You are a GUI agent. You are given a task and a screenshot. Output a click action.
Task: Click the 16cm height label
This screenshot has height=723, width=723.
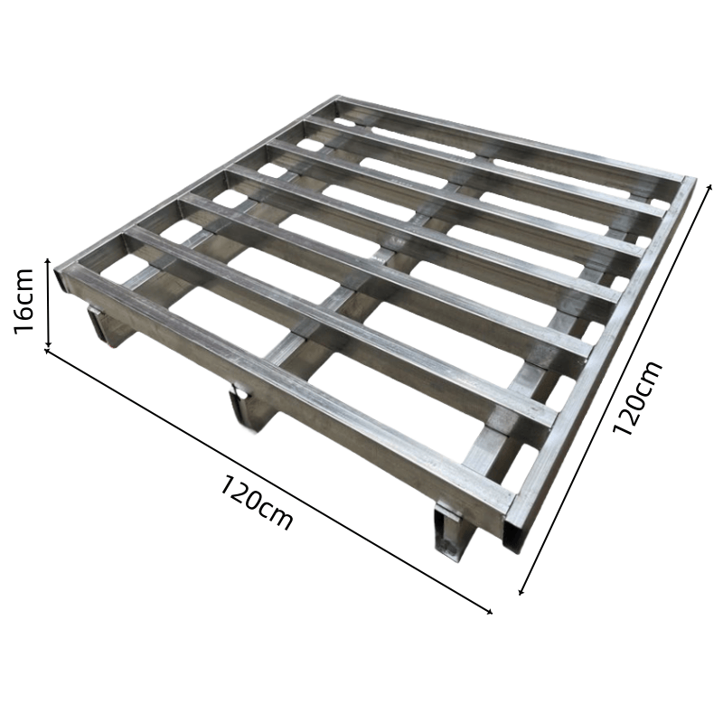click(24, 301)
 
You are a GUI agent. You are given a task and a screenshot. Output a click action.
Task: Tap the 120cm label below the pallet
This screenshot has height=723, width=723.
click(255, 503)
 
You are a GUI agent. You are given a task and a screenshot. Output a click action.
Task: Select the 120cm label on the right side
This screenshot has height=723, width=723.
click(637, 398)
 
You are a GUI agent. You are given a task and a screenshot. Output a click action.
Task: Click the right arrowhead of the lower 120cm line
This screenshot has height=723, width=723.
click(490, 612)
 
